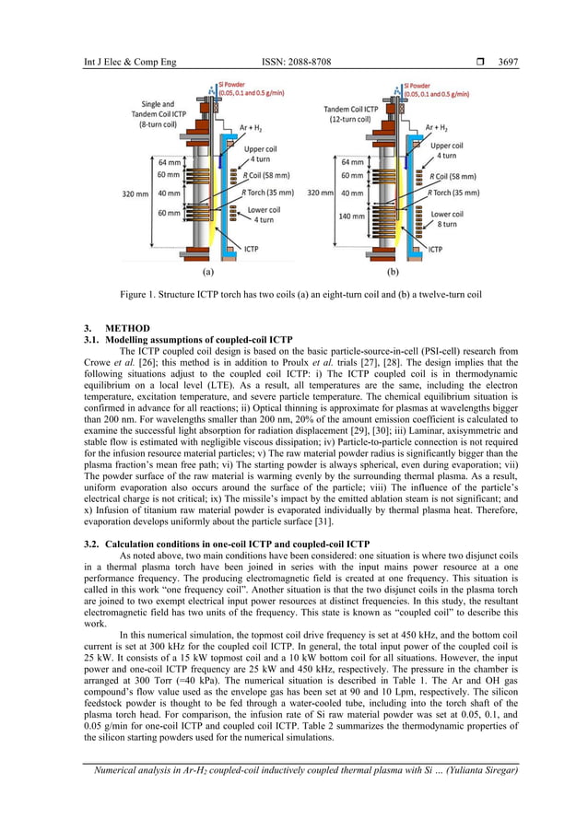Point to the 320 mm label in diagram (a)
click(x=135, y=194)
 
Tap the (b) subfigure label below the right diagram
click(x=394, y=273)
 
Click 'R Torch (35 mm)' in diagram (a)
click(x=267, y=193)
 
